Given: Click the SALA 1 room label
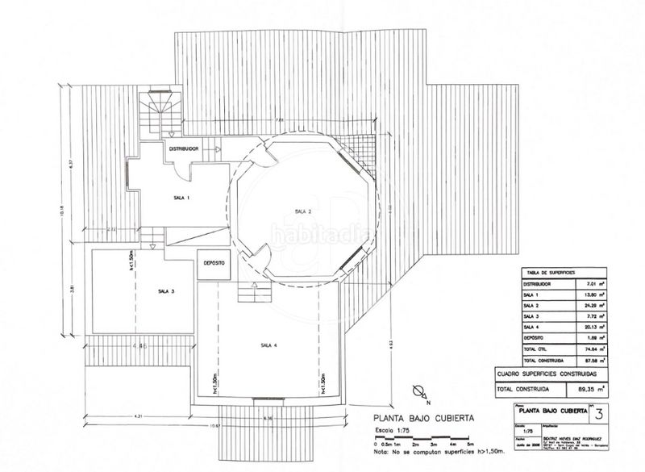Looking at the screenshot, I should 181,198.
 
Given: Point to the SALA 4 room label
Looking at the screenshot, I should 268,345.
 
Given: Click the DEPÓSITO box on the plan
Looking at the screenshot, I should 214,263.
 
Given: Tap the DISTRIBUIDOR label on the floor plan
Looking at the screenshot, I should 184,149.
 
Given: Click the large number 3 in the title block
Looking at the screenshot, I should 597,416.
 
